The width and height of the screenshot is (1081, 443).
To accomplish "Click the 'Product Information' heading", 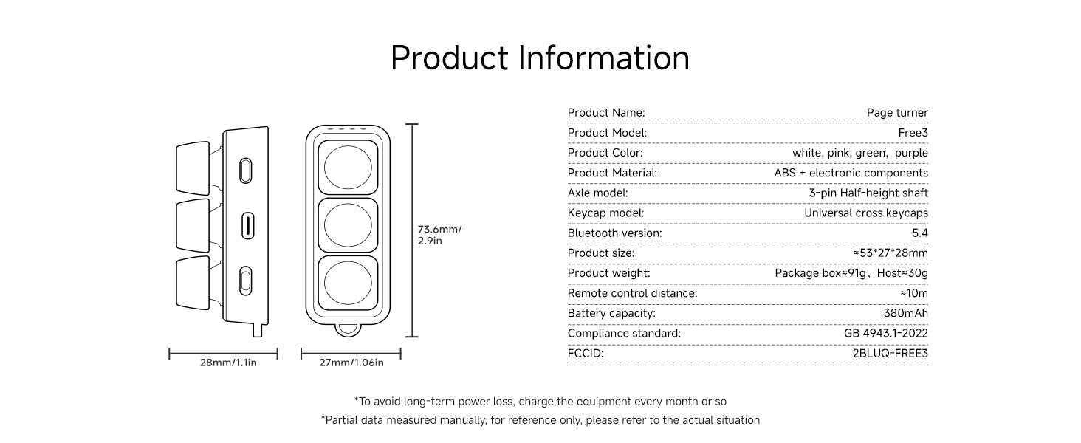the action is [x=540, y=58].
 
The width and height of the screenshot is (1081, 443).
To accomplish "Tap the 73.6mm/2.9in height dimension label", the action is [x=439, y=235].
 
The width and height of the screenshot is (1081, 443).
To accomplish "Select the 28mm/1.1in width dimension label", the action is [x=228, y=363].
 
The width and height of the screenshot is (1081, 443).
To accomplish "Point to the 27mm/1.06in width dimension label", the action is [x=351, y=363].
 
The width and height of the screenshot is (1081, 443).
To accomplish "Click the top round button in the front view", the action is [x=348, y=168].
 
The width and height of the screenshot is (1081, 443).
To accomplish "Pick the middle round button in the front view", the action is [x=348, y=225].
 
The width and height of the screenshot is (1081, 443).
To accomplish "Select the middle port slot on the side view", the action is [x=247, y=226].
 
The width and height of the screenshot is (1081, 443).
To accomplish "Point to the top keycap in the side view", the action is [x=193, y=168].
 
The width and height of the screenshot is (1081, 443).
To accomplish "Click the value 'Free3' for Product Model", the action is [x=913, y=133].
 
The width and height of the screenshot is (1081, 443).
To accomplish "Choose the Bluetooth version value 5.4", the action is [x=920, y=233].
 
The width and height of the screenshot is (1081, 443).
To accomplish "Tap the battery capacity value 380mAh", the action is [x=906, y=313].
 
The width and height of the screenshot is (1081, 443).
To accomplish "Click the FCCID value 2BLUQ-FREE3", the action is [x=890, y=353].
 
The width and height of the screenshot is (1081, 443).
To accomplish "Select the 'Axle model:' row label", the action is [x=598, y=193].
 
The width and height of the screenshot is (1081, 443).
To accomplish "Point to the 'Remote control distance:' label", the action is [x=633, y=293].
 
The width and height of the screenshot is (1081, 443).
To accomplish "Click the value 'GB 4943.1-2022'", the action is [x=886, y=333].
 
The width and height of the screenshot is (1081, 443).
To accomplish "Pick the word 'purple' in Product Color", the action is [x=911, y=153].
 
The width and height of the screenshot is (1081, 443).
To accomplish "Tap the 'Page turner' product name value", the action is [x=897, y=113].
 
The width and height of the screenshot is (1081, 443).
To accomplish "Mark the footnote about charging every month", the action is [x=540, y=402].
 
